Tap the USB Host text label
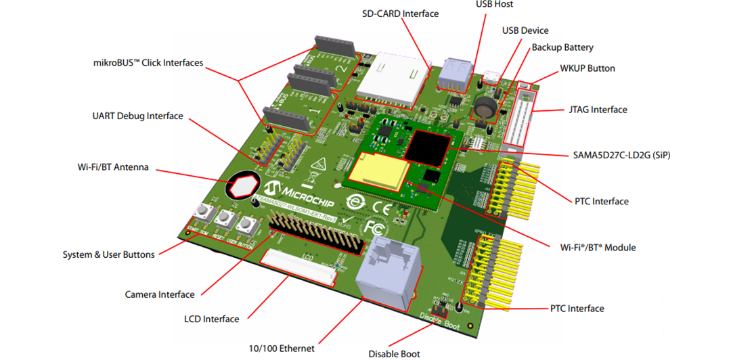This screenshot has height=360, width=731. tap(494, 5)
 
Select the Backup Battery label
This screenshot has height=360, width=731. tap(562, 47)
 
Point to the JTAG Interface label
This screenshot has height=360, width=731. tap(596, 110)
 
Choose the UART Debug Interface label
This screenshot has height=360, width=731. tap(137, 116)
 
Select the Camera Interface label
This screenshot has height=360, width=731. tap(160, 294)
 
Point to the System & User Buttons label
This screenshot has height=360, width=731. tap(108, 254)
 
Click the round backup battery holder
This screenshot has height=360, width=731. tap(486, 107)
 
